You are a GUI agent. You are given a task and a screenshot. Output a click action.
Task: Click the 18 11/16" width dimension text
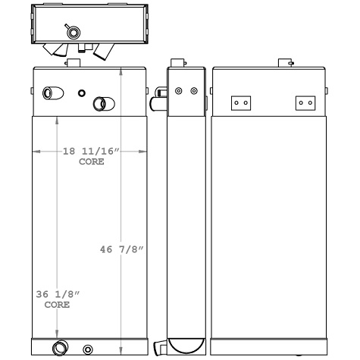(x=90, y=152)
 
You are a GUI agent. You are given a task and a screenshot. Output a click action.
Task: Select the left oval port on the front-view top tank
(x=51, y=93)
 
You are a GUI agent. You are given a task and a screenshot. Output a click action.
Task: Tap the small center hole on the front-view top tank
(x=82, y=93)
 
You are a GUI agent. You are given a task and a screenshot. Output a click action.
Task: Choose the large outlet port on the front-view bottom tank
(x=59, y=348)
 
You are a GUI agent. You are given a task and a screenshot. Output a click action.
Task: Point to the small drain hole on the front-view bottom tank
(x=88, y=349)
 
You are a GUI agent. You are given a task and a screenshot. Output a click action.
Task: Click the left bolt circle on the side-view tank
(x=179, y=92)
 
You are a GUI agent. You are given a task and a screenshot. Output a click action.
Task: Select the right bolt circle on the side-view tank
(x=194, y=92)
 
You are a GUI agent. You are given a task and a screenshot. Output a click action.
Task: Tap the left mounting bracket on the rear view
(x=241, y=102)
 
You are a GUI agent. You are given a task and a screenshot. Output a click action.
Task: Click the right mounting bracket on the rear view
(x=305, y=102)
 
